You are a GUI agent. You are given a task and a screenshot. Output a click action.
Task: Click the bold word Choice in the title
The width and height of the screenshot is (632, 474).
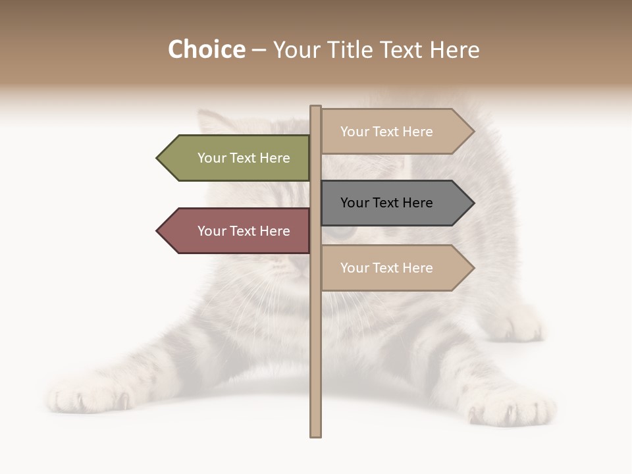206,50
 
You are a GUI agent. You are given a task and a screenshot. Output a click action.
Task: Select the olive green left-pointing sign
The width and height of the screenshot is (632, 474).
237,158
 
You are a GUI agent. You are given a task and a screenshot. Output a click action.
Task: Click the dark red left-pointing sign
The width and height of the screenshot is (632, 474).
237,231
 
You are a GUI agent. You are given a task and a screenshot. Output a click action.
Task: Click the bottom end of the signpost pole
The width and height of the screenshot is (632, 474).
316,434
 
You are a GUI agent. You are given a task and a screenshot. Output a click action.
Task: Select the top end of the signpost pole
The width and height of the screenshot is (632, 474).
316,107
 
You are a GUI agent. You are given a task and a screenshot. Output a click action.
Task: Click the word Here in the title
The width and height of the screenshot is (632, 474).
454,50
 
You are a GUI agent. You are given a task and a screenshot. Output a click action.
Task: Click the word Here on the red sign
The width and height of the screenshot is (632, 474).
275,231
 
